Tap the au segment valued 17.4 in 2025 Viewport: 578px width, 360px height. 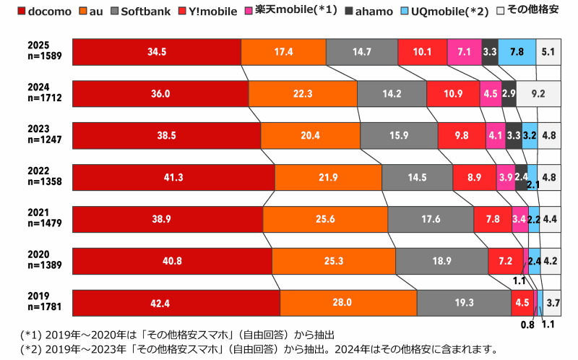click(x=283, y=52)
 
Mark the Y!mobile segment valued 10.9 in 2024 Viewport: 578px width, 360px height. click(x=452, y=94)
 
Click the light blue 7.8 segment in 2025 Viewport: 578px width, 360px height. click(x=517, y=52)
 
